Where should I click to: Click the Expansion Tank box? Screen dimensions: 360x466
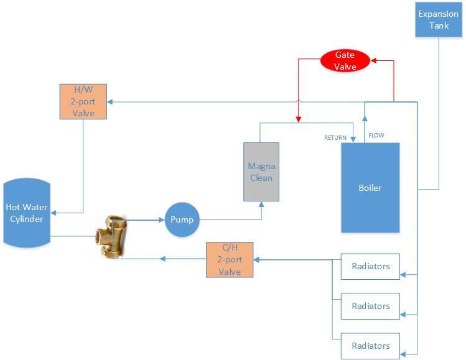click(x=439, y=19)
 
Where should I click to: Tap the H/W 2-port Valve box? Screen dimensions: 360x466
click(x=83, y=101)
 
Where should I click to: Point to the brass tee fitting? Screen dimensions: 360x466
click(x=113, y=236)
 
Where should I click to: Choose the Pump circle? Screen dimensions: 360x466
click(x=182, y=219)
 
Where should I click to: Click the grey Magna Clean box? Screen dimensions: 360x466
click(x=261, y=171)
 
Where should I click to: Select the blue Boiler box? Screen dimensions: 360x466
click(x=370, y=187)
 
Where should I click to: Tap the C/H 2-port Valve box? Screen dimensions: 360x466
click(x=230, y=259)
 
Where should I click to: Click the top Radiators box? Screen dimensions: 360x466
click(x=370, y=267)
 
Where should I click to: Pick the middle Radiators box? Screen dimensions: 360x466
click(x=370, y=306)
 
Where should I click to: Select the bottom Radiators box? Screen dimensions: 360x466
click(x=370, y=346)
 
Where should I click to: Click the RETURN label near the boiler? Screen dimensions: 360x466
click(x=335, y=137)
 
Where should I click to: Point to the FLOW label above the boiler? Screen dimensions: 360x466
click(x=376, y=135)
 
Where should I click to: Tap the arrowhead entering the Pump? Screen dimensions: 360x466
click(x=162, y=219)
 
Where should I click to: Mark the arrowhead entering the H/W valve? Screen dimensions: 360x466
click(x=111, y=101)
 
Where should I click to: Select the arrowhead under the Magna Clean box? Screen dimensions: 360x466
click(x=261, y=203)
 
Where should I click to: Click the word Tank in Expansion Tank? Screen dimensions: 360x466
click(x=439, y=25)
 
